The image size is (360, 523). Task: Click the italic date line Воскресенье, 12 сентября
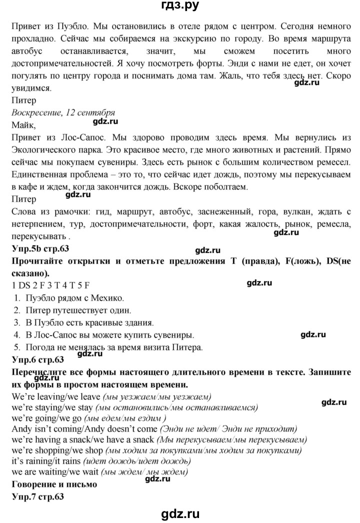coord(62,112)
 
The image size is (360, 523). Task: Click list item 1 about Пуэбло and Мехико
coord(69,298)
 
